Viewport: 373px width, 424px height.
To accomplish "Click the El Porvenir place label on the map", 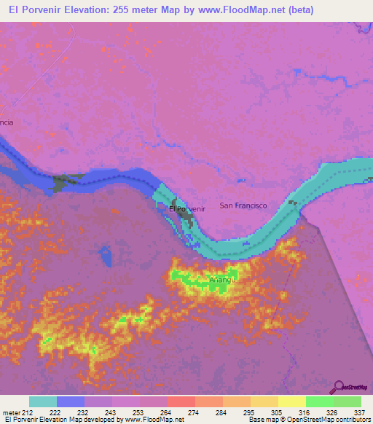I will click(x=187, y=209).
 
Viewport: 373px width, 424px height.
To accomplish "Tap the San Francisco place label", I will click(x=243, y=205).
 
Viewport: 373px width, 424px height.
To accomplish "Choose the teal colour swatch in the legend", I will click(x=43, y=401).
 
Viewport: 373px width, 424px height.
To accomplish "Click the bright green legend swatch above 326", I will click(x=319, y=401).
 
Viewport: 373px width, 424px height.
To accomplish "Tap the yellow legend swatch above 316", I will click(x=291, y=401).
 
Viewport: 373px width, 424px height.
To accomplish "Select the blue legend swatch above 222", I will click(x=71, y=401).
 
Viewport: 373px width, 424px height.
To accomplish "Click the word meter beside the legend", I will click(x=11, y=412).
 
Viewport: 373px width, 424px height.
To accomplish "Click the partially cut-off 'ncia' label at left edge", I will click(x=7, y=122).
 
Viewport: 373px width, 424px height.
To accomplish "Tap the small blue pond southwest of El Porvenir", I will click(x=106, y=256).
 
